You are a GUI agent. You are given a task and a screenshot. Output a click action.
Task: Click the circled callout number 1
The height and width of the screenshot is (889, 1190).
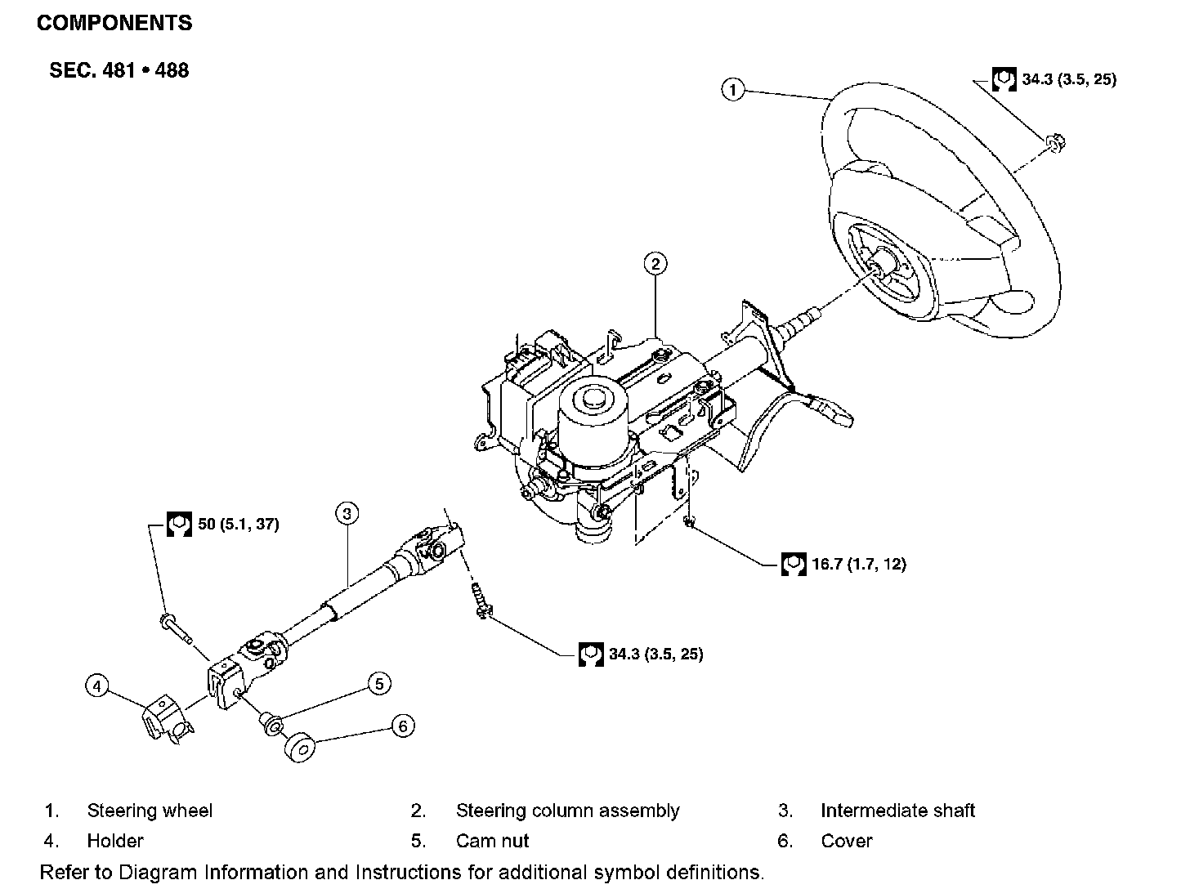click(733, 89)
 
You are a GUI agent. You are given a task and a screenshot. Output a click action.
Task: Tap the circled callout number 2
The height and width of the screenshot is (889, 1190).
click(655, 264)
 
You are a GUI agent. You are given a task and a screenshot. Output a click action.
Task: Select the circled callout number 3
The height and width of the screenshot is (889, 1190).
click(347, 513)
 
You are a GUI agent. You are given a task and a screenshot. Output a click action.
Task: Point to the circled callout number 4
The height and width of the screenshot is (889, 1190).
click(97, 686)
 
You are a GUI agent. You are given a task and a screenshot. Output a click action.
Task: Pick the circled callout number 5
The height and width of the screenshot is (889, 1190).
click(379, 684)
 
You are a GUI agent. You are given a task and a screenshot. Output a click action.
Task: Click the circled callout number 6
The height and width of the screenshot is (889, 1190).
click(403, 726)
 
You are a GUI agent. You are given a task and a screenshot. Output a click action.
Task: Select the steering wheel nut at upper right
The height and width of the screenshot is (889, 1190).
click(1056, 142)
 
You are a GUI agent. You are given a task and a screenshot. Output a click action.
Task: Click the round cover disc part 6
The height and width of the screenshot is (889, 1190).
click(300, 748)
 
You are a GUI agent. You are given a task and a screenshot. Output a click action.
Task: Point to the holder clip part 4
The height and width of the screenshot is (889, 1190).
click(167, 718)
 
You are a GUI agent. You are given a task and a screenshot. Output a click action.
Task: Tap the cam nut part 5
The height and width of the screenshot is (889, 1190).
click(271, 724)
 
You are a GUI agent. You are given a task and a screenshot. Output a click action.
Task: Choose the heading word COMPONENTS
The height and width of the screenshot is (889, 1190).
click(114, 23)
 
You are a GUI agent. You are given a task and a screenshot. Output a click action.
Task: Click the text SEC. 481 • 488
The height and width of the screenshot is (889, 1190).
click(119, 70)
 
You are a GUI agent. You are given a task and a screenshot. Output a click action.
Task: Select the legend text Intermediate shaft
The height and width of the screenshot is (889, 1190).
click(897, 810)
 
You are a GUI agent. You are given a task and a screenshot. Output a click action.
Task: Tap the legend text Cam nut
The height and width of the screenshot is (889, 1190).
click(492, 840)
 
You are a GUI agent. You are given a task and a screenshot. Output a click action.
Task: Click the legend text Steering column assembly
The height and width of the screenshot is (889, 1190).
click(568, 811)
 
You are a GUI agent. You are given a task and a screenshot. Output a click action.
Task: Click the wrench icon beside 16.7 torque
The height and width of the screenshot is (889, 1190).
click(794, 564)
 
